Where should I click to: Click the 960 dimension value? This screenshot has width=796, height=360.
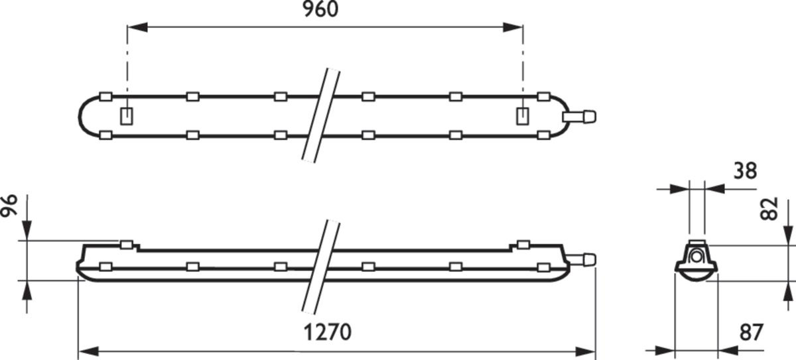coord(320,9)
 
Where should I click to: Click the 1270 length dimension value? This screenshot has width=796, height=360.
coord(327,332)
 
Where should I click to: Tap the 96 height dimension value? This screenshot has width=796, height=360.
coord(9,206)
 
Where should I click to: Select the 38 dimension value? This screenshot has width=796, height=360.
coord(745,171)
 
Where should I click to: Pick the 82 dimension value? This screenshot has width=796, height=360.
coord(769,209)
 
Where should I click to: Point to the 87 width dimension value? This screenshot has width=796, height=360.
coord(751,333)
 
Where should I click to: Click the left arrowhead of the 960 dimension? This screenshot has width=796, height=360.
coord(137,27)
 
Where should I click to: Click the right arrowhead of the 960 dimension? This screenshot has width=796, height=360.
coord(513,27)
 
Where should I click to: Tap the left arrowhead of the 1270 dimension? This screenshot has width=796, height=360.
coord(88,352)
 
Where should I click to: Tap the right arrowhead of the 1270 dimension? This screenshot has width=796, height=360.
coord(586,352)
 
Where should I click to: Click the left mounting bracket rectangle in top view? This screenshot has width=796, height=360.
coord(127,116)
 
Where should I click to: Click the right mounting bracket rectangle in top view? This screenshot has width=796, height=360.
coord(522,116)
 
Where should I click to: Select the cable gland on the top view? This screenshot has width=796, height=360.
coord(579,117)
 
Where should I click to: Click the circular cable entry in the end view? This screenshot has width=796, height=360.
coord(696,257)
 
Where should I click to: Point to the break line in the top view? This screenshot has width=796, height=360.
coord(321,116)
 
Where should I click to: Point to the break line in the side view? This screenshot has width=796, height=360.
coord(321,267)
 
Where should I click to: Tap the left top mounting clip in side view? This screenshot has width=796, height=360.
coord(127,245)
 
